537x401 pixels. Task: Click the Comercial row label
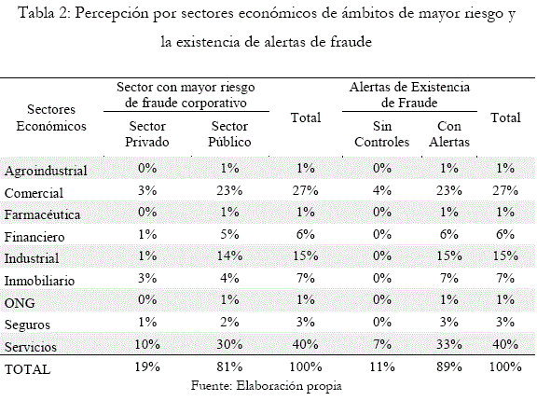(34, 193)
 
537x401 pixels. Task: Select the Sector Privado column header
(147, 134)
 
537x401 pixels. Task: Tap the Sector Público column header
(229, 134)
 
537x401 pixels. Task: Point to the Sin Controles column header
(382, 134)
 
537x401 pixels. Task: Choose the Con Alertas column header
(449, 134)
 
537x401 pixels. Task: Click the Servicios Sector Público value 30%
(229, 344)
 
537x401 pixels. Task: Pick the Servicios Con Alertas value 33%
(449, 344)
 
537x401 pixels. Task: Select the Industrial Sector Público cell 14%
(229, 256)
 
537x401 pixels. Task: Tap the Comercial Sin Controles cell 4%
(382, 190)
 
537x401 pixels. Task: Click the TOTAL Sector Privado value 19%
(147, 367)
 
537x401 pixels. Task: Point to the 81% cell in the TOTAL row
(229, 367)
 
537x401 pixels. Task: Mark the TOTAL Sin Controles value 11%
(382, 367)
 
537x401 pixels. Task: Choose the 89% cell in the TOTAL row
(449, 367)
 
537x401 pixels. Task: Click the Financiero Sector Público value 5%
(229, 234)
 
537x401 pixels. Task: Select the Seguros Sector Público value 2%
(229, 322)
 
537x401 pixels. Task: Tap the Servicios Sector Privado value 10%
(147, 344)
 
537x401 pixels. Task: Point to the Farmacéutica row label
(42, 214)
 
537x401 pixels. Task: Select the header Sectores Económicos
(51, 118)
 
